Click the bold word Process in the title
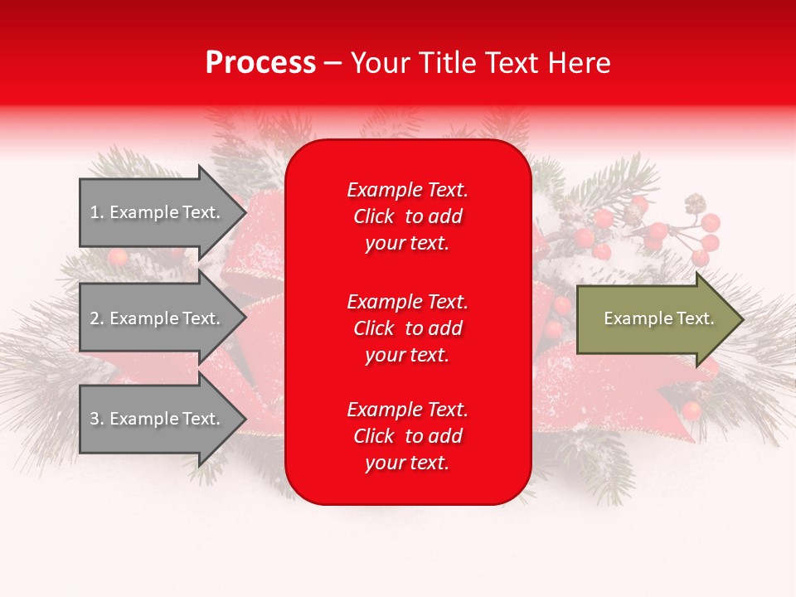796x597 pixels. pos(260,63)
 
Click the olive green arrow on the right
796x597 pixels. pos(655,319)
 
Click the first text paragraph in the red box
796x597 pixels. pos(407,216)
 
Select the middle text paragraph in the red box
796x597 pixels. pos(407,328)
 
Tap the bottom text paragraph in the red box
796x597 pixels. pos(407,436)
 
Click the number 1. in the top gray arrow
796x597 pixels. pos(97,212)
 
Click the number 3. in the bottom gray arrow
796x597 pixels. pos(97,419)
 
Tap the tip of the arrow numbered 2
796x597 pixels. pos(245,318)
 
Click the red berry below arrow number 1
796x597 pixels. pos(118,256)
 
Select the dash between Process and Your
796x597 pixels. pos(332,63)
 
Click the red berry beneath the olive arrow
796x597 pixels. pos(691,410)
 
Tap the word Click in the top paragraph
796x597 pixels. pos(374,216)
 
